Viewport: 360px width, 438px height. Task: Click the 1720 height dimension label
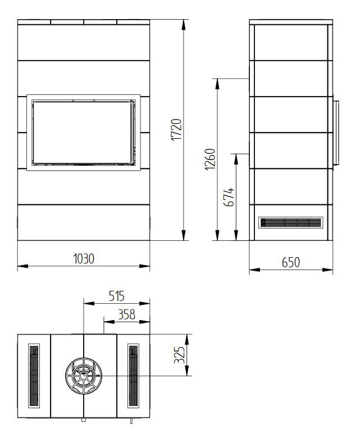(176, 130)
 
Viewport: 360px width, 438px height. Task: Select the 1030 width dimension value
(84, 258)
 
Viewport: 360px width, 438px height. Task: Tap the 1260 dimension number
(209, 159)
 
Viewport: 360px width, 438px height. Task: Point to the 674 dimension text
(229, 197)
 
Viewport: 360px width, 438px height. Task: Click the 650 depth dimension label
(291, 262)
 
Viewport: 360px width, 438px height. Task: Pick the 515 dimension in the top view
(116, 296)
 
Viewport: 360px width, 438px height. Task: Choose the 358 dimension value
(126, 314)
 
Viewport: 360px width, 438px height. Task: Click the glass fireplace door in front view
(84, 133)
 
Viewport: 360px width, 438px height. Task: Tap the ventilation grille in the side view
(291, 222)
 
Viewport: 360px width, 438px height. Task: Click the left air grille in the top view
(34, 375)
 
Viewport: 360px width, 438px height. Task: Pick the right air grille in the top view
(133, 375)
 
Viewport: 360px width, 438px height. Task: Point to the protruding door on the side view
(336, 133)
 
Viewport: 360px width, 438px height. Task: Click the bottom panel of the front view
(84, 222)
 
